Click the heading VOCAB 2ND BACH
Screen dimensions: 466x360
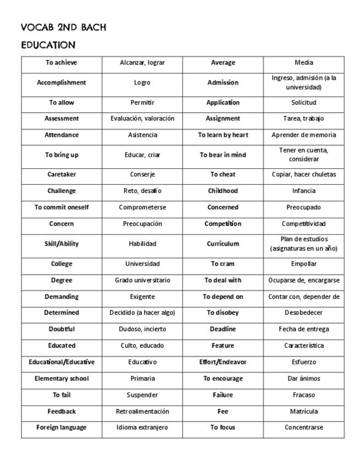pyautogui.click(x=63, y=27)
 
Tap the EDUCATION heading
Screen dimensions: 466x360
pyautogui.click(x=48, y=45)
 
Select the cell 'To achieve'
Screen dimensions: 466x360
pyautogui.click(x=62, y=63)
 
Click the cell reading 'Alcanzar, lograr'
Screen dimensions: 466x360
pyautogui.click(x=142, y=63)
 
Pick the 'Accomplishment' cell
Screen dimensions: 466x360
pyautogui.click(x=62, y=82)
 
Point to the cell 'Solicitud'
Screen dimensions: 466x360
pyautogui.click(x=303, y=102)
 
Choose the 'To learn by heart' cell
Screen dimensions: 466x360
pyautogui.click(x=223, y=135)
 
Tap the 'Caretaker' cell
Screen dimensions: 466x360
pyautogui.click(x=62, y=174)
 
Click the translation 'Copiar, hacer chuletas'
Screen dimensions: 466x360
pyautogui.click(x=303, y=174)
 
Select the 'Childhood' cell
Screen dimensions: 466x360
pyautogui.click(x=223, y=191)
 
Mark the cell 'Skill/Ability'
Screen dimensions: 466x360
pyautogui.click(x=62, y=243)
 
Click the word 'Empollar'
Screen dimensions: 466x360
pyautogui.click(x=303, y=264)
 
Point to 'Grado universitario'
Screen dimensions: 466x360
pyautogui.click(x=142, y=280)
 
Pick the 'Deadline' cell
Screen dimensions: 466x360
pyautogui.click(x=223, y=329)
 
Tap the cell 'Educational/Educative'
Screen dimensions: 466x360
pyautogui.click(x=62, y=362)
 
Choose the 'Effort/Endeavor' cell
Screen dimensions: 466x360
pyautogui.click(x=223, y=362)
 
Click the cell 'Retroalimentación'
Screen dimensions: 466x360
pyautogui.click(x=142, y=411)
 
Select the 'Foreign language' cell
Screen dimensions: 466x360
pyautogui.click(x=62, y=427)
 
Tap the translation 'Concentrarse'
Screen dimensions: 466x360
pyautogui.click(x=303, y=427)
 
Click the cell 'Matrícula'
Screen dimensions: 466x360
pyautogui.click(x=303, y=411)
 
